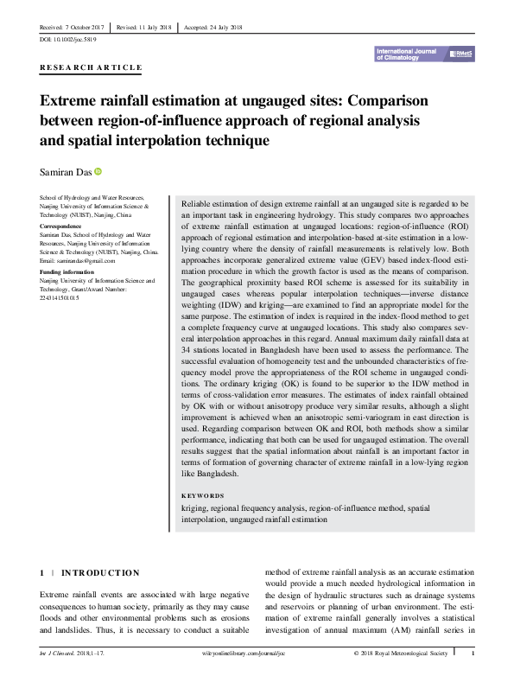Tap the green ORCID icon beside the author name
(x=98, y=172)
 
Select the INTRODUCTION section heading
(x=100, y=572)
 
